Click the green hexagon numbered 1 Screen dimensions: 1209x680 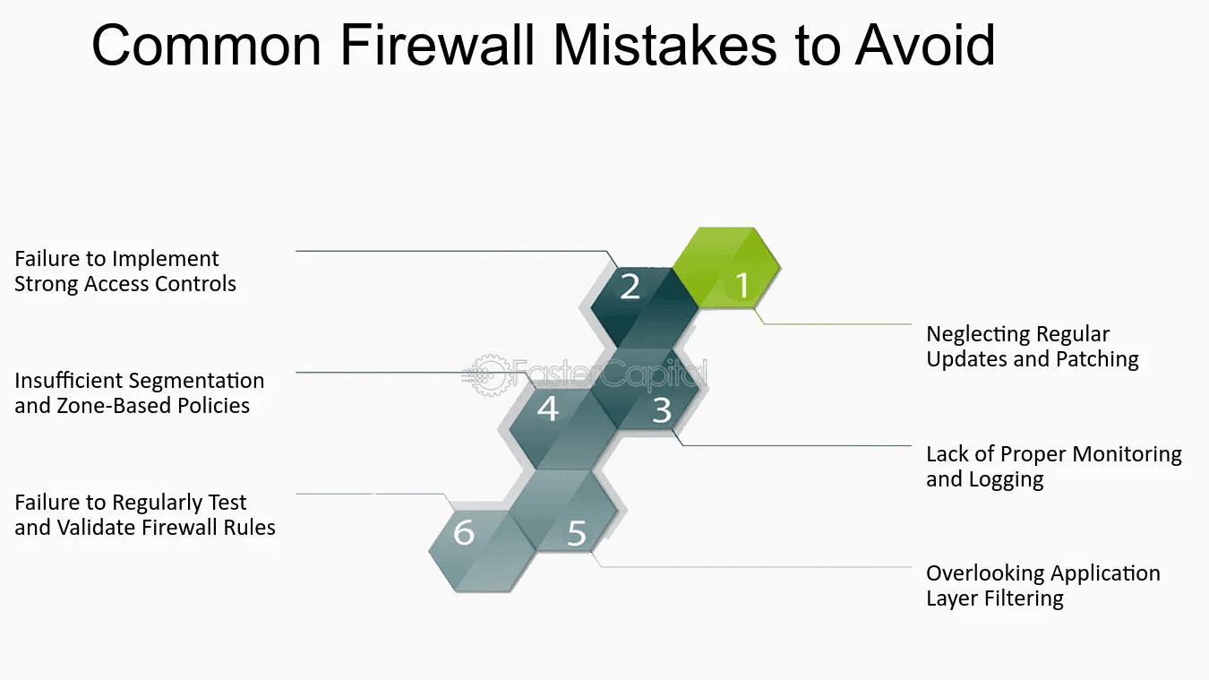point(726,268)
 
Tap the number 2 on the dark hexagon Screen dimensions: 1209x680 point(630,287)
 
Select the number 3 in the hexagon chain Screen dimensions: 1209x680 point(662,410)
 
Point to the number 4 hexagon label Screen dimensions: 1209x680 point(548,409)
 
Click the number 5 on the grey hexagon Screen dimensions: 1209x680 point(577,533)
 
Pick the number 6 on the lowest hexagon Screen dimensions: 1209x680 point(464,532)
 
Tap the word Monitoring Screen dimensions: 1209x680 point(1127,454)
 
